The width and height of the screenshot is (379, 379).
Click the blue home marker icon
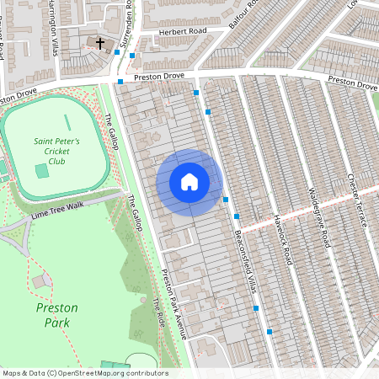point(189,182)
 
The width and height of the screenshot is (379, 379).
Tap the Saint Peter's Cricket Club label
point(56,150)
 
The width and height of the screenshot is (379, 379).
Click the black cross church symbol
point(99,42)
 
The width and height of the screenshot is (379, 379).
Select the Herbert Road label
point(179,33)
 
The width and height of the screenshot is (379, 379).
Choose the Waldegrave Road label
point(318,216)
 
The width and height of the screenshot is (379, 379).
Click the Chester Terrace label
point(357,200)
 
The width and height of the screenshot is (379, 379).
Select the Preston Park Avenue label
point(173,303)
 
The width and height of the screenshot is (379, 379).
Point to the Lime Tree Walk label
point(58,209)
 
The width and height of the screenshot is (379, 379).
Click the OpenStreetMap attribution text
point(84,372)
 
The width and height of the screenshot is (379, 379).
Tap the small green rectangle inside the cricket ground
point(42,171)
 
